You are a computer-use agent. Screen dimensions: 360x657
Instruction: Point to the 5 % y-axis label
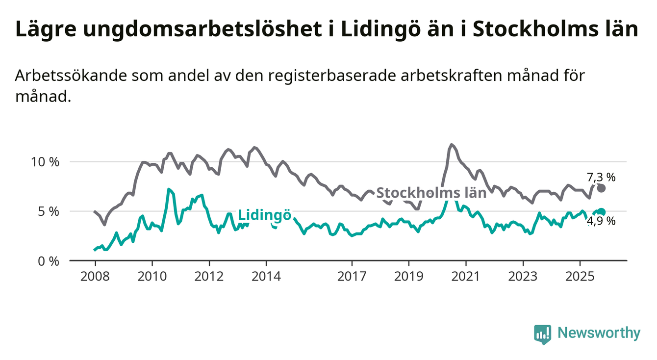pyautogui.click(x=48, y=211)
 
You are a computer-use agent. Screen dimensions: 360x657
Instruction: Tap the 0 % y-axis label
pyautogui.click(x=48, y=261)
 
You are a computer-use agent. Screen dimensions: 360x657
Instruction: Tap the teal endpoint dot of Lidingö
pyautogui.click(x=602, y=212)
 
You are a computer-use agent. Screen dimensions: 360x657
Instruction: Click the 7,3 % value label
pyautogui.click(x=601, y=178)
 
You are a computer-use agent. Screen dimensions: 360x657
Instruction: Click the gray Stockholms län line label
pyautogui.click(x=431, y=193)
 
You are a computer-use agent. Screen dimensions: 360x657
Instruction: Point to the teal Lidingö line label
pyautogui.click(x=265, y=215)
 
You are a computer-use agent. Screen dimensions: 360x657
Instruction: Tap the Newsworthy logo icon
pyautogui.click(x=542, y=334)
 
